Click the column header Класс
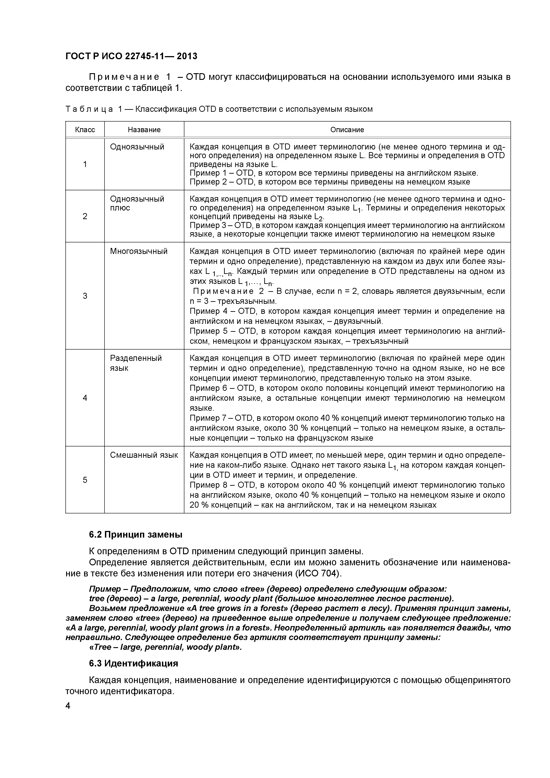click(85, 130)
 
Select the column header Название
click(144, 130)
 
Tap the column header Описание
click(347, 130)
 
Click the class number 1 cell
click(85, 164)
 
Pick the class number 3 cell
click(85, 296)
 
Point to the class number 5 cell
click(85, 480)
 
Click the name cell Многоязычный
click(139, 251)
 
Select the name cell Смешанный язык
click(144, 455)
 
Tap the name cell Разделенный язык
click(136, 363)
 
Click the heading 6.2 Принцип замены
click(136, 535)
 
